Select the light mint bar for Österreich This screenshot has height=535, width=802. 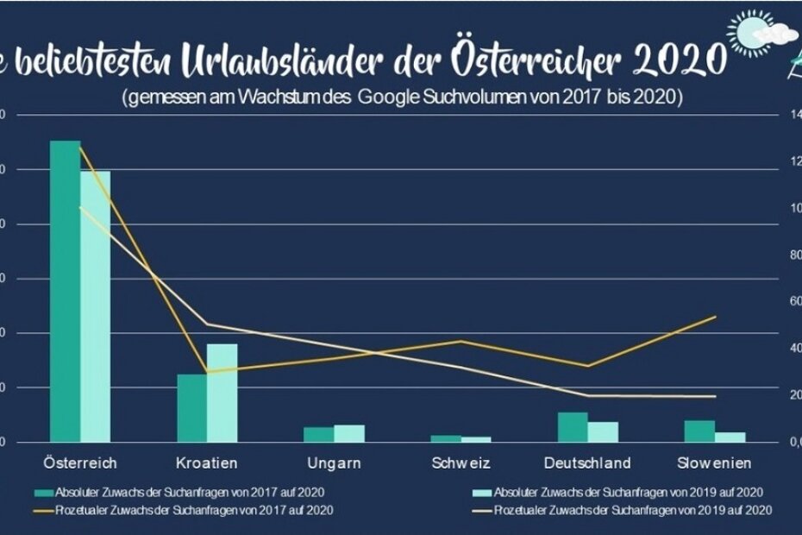click(x=95, y=306)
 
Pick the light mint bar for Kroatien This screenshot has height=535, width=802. click(x=222, y=393)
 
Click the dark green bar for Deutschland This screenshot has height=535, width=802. click(x=573, y=426)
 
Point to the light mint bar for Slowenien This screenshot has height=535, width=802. click(x=730, y=437)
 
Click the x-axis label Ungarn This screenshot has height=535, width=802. click(x=334, y=463)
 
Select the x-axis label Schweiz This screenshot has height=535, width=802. click(x=461, y=463)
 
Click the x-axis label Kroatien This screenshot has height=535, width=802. click(x=206, y=463)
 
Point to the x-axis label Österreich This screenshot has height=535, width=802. click(x=79, y=463)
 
